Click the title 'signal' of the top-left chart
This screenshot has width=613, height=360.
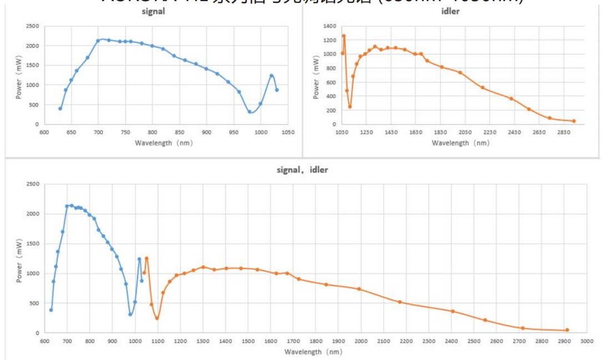[x=153, y=11]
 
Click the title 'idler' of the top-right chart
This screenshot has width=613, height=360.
[x=450, y=11]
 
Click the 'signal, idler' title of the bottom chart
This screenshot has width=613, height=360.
[x=302, y=170]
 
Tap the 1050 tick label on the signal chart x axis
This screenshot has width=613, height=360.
[x=287, y=132]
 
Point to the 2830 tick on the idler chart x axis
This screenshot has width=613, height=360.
[x=564, y=132]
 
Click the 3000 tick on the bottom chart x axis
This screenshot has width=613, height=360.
[x=587, y=341]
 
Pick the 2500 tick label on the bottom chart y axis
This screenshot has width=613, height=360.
[x=32, y=184]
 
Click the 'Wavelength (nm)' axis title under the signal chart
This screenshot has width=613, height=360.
[x=165, y=143]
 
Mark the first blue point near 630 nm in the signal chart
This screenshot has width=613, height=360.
[x=60, y=108]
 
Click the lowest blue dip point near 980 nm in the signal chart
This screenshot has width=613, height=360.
[x=250, y=112]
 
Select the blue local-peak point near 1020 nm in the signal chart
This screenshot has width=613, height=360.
[x=272, y=76]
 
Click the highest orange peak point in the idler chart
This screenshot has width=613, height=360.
[x=344, y=36]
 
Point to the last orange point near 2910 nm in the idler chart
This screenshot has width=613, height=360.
[x=574, y=121]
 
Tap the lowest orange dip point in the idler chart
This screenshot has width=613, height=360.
[x=350, y=107]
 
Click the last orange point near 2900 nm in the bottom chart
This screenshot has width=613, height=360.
[x=567, y=330]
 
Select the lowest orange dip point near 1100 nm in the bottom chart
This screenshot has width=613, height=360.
[x=157, y=318]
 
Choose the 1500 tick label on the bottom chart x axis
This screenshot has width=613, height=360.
[x=248, y=341]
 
